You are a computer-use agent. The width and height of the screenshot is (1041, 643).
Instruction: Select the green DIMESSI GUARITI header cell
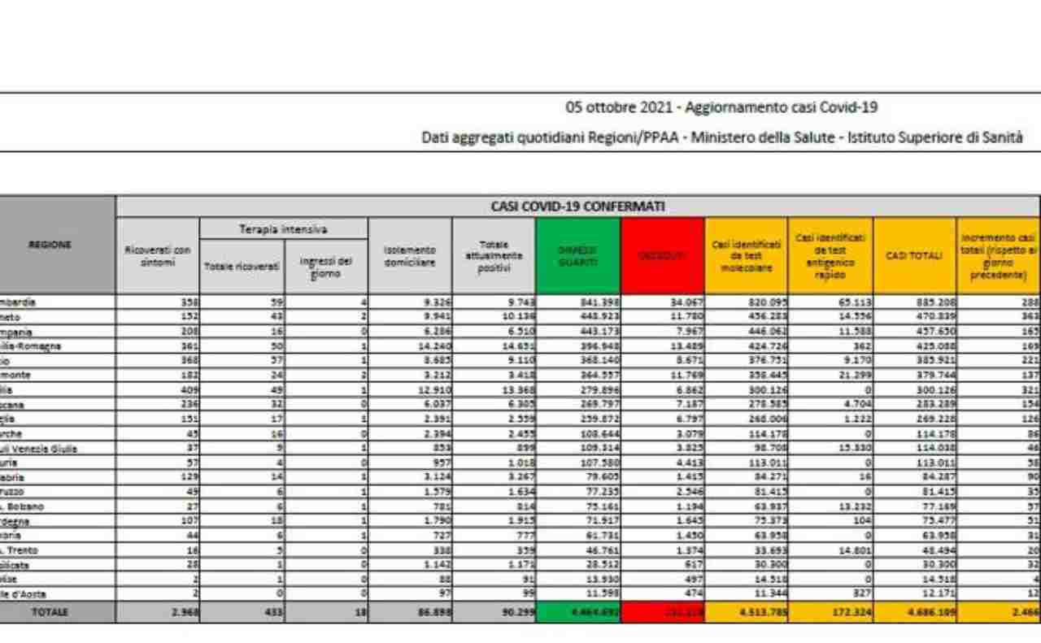pyautogui.click(x=577, y=255)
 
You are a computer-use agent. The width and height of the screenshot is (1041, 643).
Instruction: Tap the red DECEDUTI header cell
pyautogui.click(x=662, y=255)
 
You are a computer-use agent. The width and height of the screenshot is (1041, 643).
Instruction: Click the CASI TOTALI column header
pyautogui.click(x=914, y=255)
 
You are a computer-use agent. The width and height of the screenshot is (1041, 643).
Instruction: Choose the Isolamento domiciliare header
pyautogui.click(x=410, y=255)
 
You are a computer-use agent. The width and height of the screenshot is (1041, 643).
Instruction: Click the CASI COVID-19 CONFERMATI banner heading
pyautogui.click(x=577, y=206)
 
